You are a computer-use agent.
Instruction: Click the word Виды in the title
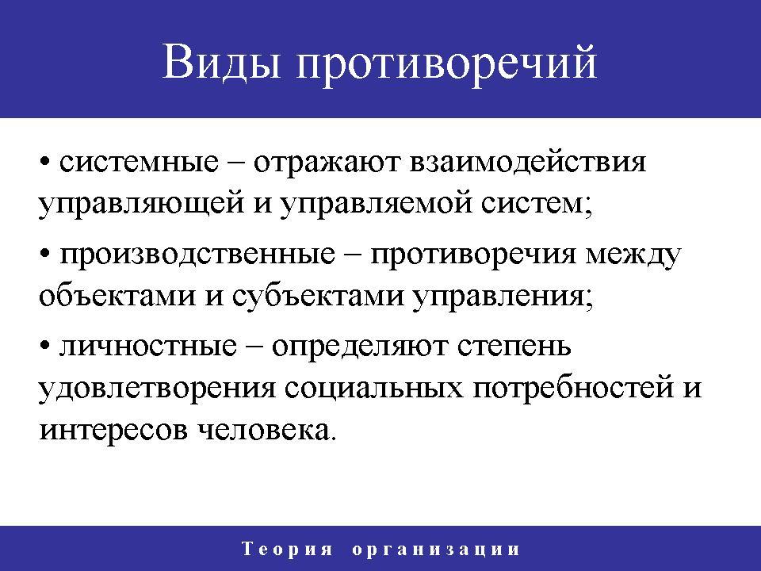tap(222, 63)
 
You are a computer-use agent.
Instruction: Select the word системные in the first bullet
tap(139, 162)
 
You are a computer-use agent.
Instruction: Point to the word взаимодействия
tap(528, 163)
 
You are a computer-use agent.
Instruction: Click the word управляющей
tap(141, 204)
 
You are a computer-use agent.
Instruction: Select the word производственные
tap(197, 255)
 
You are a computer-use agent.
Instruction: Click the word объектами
tap(117, 295)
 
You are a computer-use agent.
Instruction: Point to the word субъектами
tap(318, 295)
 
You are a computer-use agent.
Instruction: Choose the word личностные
tap(148, 347)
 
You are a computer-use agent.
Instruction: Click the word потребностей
tap(574, 388)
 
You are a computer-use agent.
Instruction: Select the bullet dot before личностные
tap(46, 346)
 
